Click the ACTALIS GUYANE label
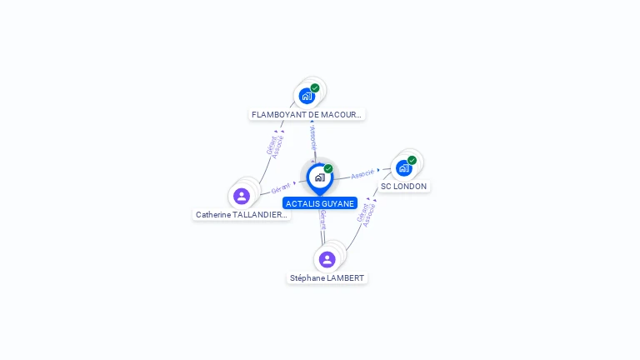tap(320, 203)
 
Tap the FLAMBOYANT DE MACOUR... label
tap(307, 114)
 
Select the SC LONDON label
tap(403, 187)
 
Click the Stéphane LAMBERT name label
tap(327, 277)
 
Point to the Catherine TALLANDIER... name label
tap(241, 214)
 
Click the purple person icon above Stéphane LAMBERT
tap(327, 259)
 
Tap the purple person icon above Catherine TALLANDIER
tap(242, 196)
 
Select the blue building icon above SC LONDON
tap(403, 168)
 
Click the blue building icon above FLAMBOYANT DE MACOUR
tap(307, 96)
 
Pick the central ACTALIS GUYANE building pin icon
tap(319, 177)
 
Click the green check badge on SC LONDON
tap(412, 160)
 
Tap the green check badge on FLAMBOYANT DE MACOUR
tap(315, 87)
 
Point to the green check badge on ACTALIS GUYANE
tap(328, 168)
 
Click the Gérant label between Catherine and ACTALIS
tap(281, 188)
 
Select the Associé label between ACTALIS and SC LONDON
tap(362, 174)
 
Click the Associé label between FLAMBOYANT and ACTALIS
tap(312, 134)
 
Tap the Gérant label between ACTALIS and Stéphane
tap(322, 220)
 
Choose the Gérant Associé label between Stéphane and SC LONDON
tap(367, 213)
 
